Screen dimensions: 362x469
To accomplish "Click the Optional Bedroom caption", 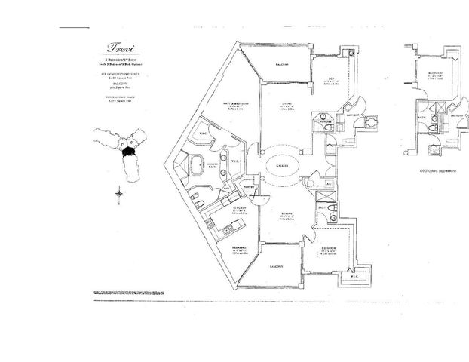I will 434,170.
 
